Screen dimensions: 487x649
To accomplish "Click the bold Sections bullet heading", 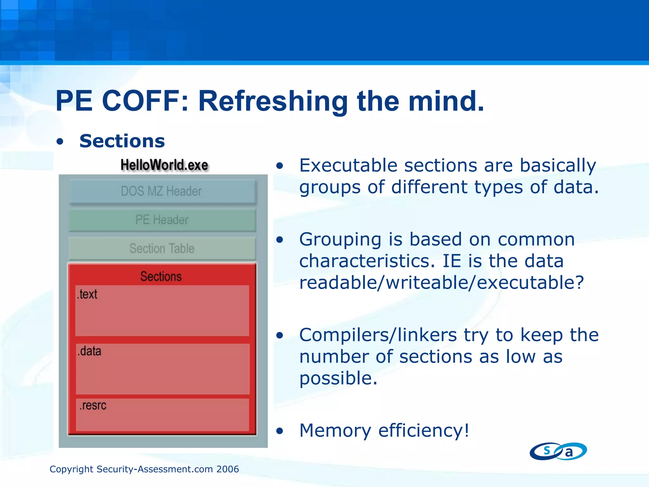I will (x=122, y=141).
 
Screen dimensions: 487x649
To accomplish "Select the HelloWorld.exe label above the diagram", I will (x=164, y=165).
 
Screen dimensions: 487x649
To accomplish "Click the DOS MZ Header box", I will (x=162, y=191).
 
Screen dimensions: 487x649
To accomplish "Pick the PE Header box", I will (x=162, y=220).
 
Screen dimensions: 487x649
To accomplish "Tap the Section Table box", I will (x=162, y=248).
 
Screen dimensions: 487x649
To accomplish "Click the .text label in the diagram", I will (x=87, y=294).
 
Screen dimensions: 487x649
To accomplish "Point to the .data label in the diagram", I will (x=89, y=351).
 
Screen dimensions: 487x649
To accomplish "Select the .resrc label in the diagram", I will (x=93, y=406).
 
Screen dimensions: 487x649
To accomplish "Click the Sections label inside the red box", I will (x=161, y=276).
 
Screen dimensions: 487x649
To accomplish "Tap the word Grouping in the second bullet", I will (x=340, y=239).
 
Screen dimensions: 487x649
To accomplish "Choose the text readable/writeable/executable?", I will (x=441, y=282).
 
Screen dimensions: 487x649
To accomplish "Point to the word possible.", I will (x=338, y=378).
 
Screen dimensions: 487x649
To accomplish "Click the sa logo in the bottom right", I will (x=558, y=451).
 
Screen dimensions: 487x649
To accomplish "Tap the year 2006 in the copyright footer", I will (x=228, y=469).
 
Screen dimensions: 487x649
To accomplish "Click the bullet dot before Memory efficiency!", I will (x=279, y=431).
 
